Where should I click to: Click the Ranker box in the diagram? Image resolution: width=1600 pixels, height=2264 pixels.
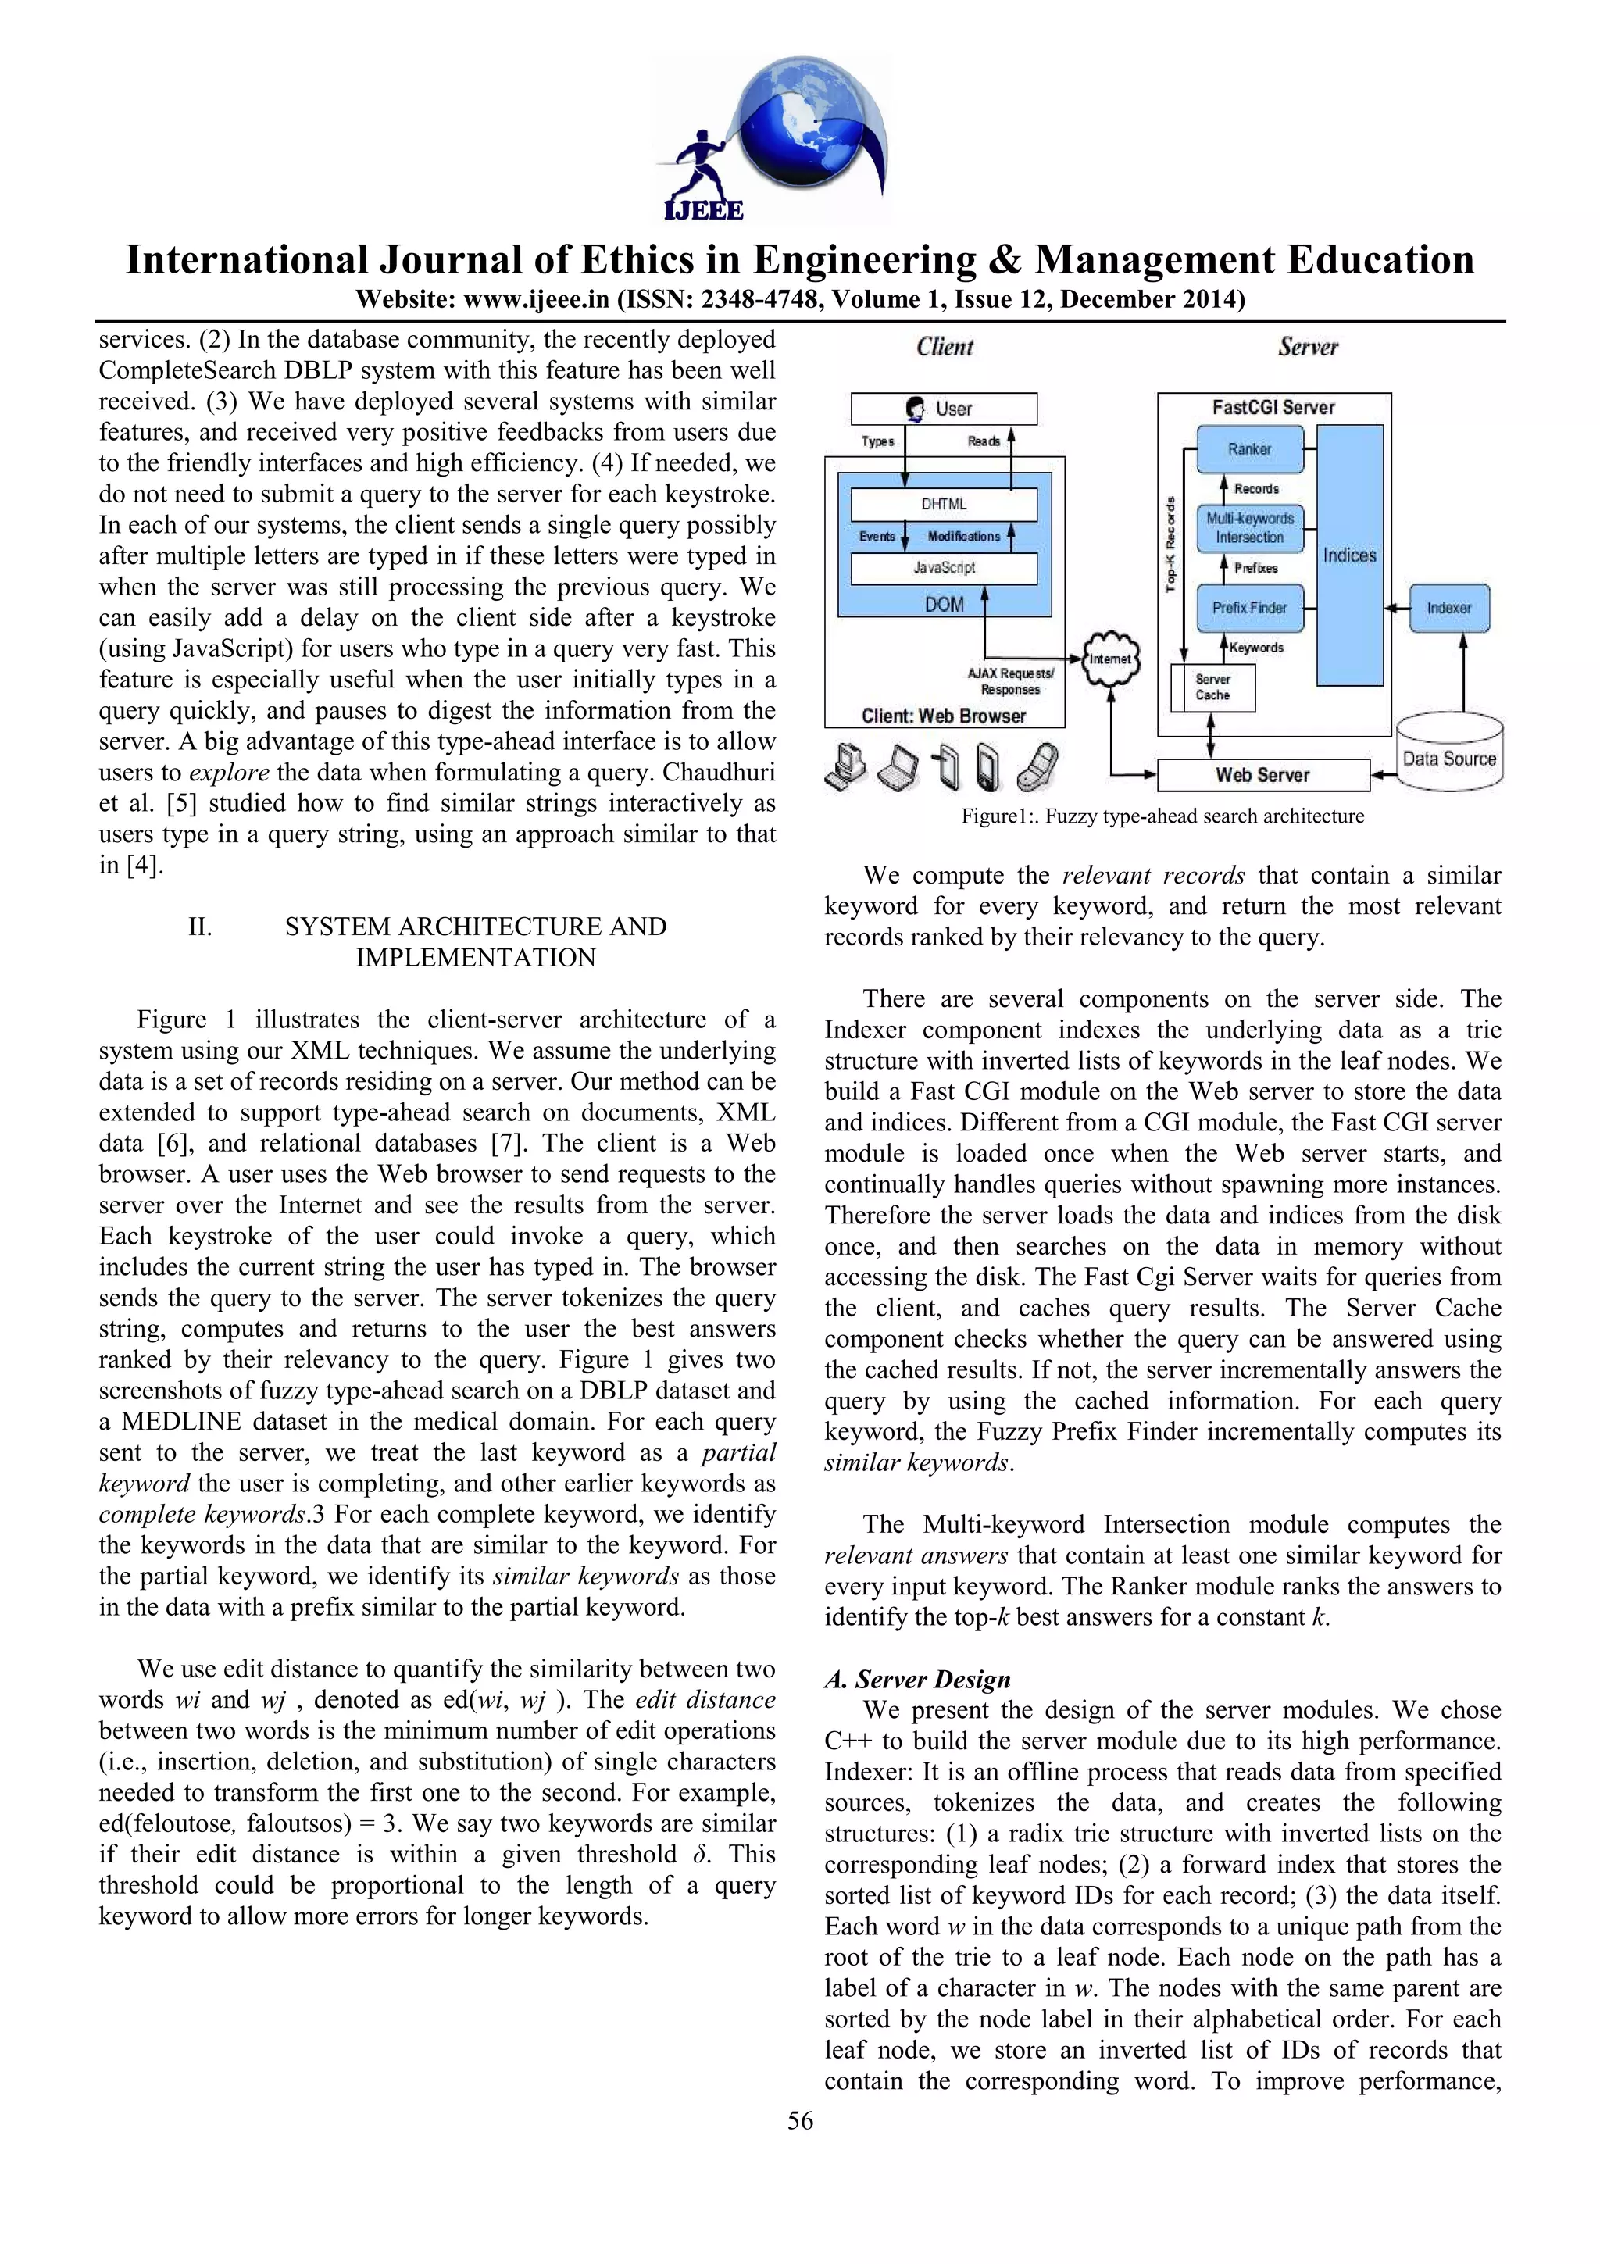[x=1249, y=448]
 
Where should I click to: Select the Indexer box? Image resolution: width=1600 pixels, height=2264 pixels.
[x=1448, y=608]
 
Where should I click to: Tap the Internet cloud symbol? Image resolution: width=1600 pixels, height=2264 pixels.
[x=1111, y=659]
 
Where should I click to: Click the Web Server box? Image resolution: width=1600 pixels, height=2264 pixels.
[x=1262, y=775]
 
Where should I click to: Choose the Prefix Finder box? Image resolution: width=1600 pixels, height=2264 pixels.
[x=1249, y=608]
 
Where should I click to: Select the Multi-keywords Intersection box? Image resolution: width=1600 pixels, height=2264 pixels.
[x=1249, y=527]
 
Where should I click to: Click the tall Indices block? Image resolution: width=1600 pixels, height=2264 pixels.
[x=1349, y=555]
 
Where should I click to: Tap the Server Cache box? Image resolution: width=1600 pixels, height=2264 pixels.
[x=1212, y=687]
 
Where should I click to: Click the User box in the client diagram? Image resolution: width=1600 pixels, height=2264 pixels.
[x=944, y=409]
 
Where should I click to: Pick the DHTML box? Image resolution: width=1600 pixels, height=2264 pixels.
[x=944, y=504]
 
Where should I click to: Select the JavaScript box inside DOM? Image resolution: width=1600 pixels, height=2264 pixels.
[x=944, y=568]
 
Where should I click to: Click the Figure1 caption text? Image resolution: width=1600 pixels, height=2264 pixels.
[x=1162, y=816]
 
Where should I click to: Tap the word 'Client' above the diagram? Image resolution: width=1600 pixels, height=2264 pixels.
[x=945, y=347]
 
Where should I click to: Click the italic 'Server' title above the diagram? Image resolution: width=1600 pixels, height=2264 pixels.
[x=1307, y=347]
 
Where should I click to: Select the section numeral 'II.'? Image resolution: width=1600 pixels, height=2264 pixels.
[x=200, y=926]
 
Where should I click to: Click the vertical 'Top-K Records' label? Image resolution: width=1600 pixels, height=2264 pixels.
[x=1170, y=545]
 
